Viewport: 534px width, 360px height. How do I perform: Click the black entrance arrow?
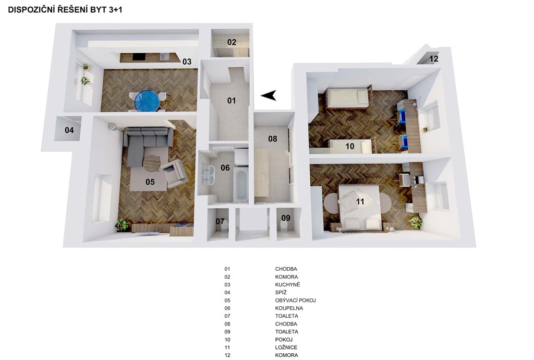[x=269, y=95]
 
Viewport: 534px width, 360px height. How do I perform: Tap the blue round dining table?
[x=147, y=101]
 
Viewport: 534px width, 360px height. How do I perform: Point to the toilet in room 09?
[x=284, y=226]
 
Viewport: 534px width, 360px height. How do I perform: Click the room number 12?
[x=433, y=58]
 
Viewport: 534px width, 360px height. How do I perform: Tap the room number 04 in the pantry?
[x=69, y=130]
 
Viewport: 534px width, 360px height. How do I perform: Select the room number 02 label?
[x=232, y=42]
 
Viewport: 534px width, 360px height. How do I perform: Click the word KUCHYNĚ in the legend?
[x=287, y=285]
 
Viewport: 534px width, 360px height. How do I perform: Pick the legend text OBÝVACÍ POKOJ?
[x=295, y=301]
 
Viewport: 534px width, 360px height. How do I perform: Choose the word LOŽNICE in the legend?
[x=286, y=347]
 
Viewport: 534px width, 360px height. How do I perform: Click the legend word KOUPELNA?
[x=289, y=308]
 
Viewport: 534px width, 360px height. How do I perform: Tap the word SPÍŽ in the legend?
[x=281, y=292]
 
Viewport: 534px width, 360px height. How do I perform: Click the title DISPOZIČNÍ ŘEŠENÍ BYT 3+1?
[x=65, y=10]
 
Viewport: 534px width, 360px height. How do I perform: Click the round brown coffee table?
[x=151, y=163]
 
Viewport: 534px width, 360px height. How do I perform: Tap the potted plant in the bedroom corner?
[x=415, y=222]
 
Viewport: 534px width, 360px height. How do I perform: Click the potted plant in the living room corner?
[x=122, y=225]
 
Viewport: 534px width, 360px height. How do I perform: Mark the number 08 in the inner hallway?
[x=272, y=139]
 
